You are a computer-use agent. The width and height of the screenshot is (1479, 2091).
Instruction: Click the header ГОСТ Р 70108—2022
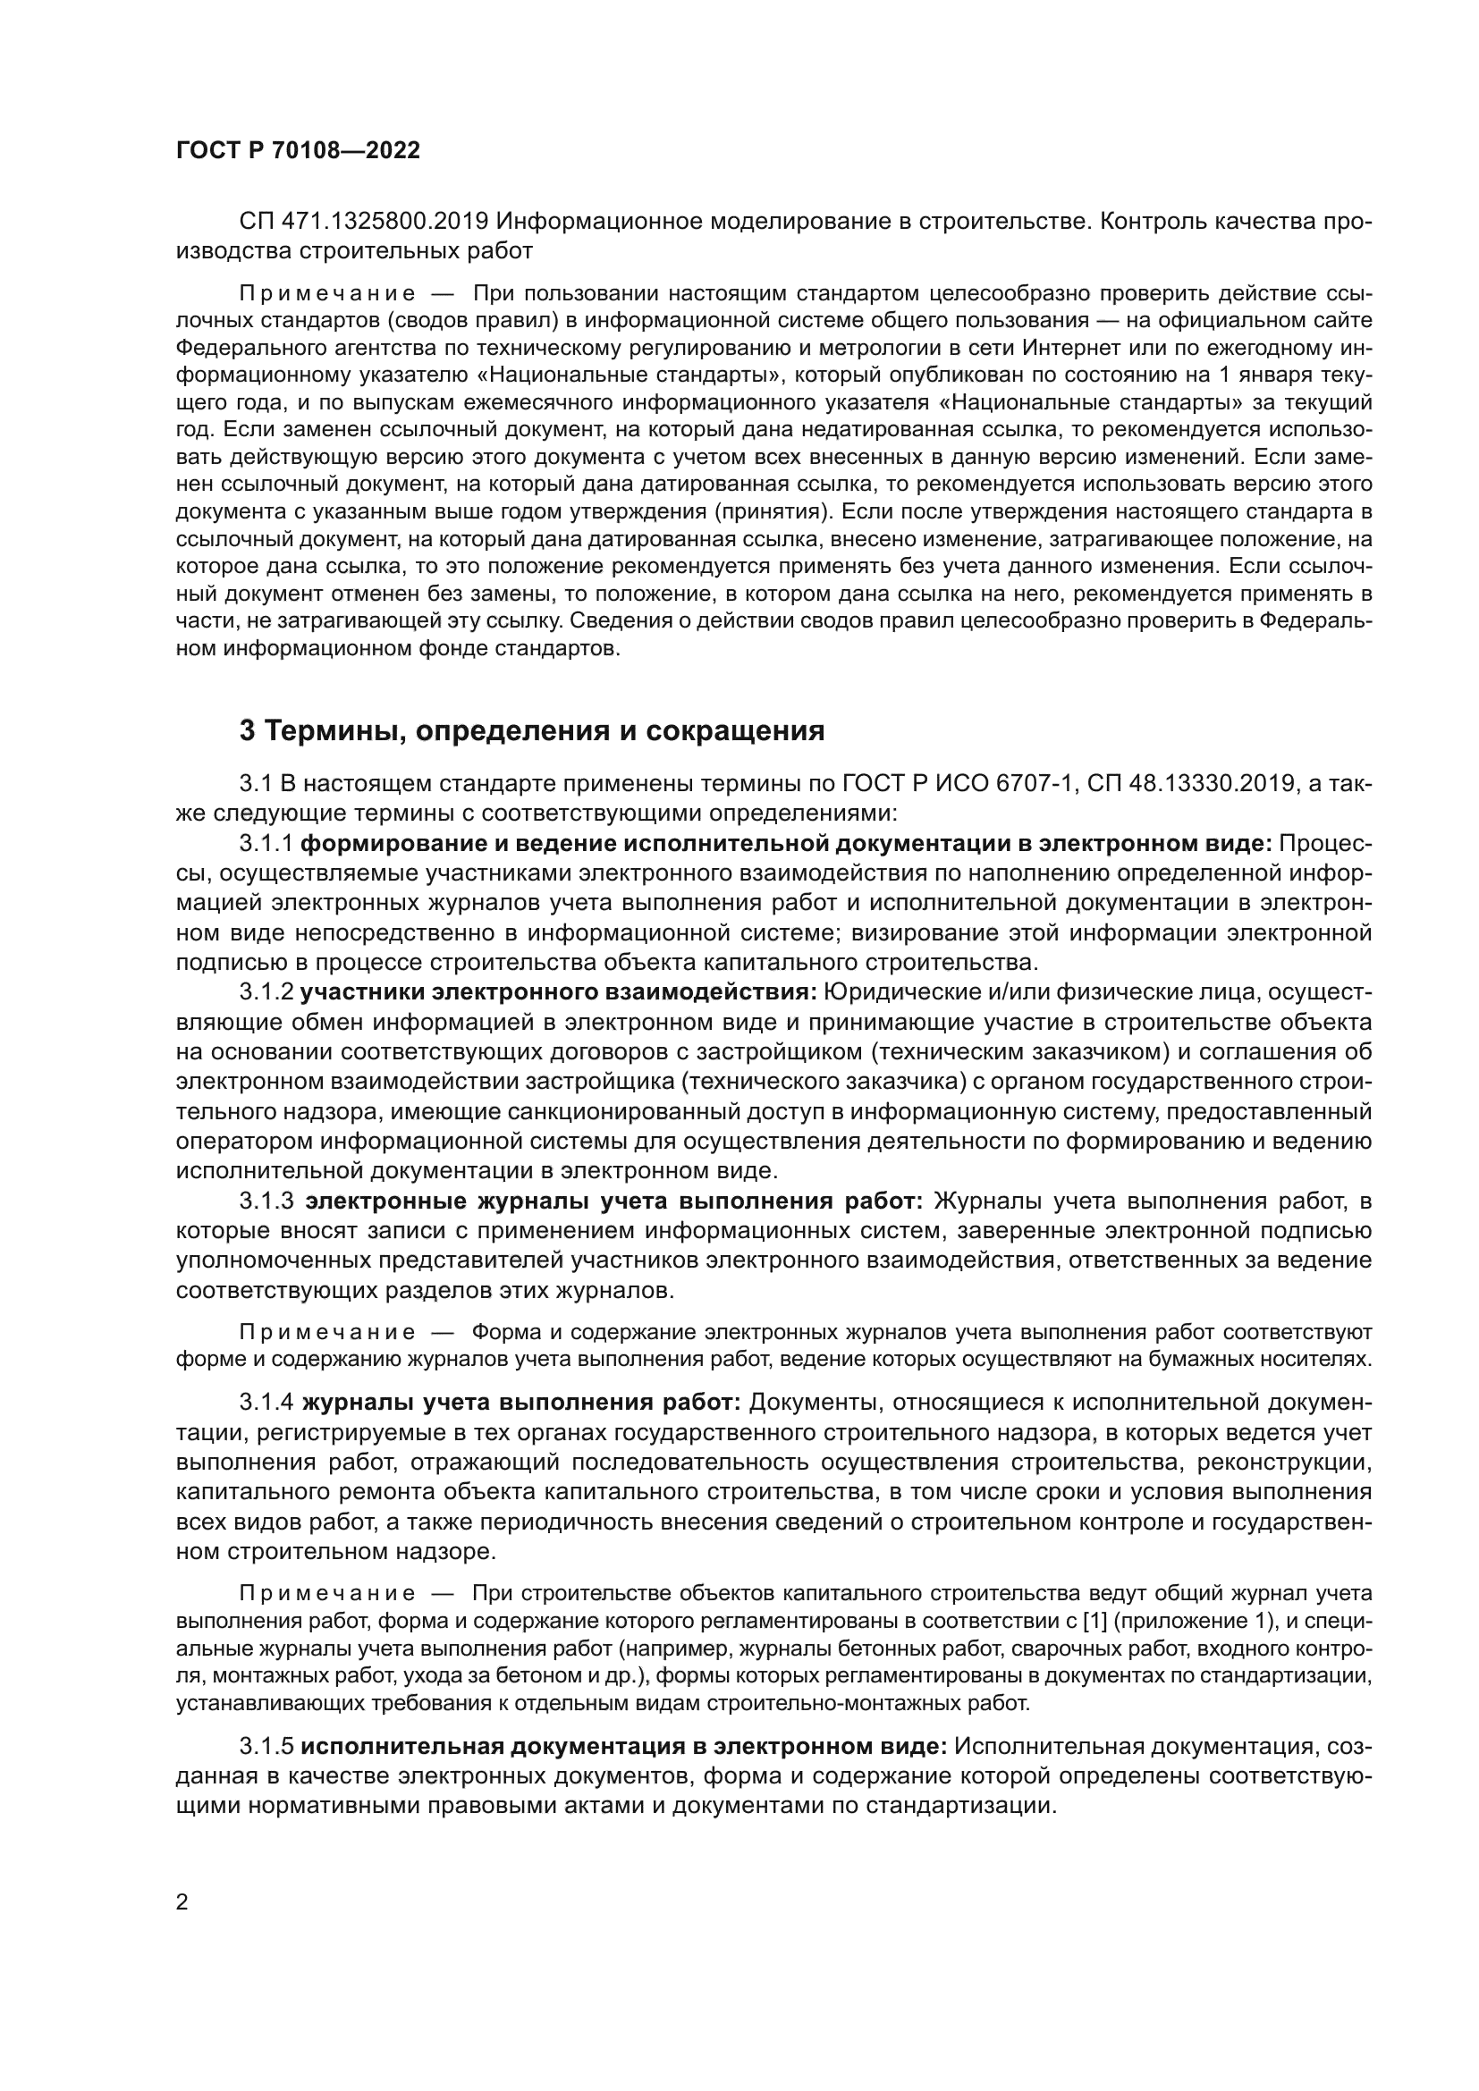tap(298, 151)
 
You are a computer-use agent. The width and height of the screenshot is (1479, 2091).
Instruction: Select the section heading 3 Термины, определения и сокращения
tap(532, 730)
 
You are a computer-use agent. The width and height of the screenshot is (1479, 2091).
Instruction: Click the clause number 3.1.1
tap(266, 844)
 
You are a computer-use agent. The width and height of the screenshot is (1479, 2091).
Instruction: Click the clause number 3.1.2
tap(266, 991)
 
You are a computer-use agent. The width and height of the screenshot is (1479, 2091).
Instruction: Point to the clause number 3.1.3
tap(266, 1201)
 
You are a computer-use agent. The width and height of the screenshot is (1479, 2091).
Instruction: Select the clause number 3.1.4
tap(266, 1404)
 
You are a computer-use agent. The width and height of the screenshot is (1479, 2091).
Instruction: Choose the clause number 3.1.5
tap(266, 1747)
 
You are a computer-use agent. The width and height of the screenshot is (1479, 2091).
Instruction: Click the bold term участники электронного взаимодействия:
tap(558, 991)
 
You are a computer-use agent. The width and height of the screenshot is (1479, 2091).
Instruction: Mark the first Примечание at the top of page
tap(328, 294)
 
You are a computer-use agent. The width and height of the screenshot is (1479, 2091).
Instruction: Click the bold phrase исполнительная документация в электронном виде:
tap(624, 1747)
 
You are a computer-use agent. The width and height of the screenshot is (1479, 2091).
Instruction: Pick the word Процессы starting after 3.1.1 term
tap(1325, 844)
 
